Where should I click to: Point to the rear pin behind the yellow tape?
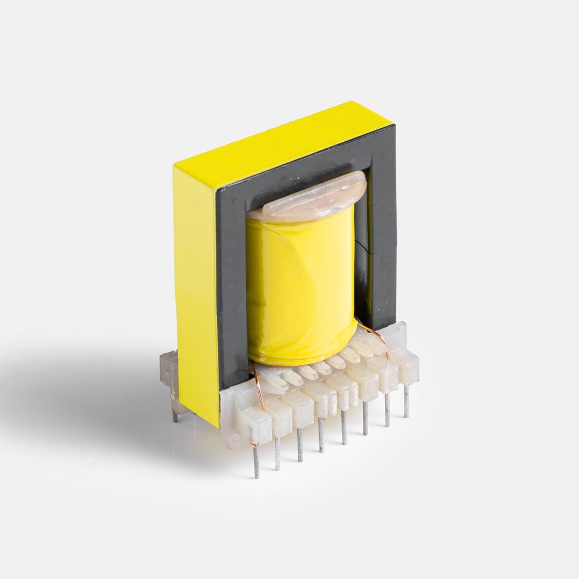175,414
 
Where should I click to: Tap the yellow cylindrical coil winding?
300,286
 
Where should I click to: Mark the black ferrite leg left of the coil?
231,270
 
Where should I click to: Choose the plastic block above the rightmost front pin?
405,367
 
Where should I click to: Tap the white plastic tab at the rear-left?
169,372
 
